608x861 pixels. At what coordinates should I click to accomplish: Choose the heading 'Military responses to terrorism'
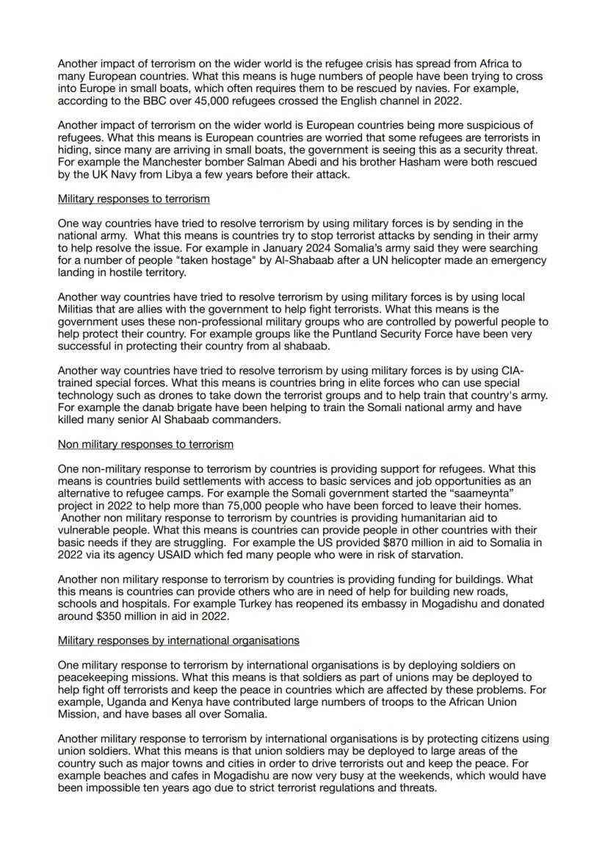point(134,199)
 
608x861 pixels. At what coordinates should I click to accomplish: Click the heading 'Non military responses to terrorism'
point(145,444)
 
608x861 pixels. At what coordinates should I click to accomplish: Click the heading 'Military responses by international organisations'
point(178,640)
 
